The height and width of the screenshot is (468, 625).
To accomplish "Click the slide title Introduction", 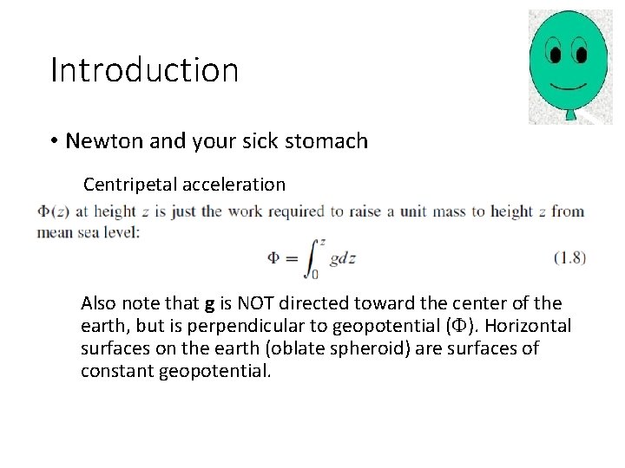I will coord(144,70).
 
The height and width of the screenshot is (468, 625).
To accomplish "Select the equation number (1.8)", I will coord(569,258).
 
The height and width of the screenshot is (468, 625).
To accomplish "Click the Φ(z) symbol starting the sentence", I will coord(54,211).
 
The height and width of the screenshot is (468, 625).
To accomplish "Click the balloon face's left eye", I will coord(554,54).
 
